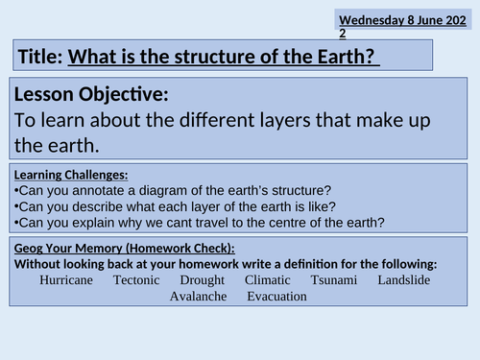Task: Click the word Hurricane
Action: click(x=66, y=280)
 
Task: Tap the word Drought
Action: click(x=202, y=280)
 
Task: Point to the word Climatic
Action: click(x=268, y=280)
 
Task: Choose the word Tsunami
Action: click(x=335, y=280)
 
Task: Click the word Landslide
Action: click(x=403, y=280)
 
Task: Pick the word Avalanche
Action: click(x=198, y=296)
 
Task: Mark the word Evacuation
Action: click(x=276, y=296)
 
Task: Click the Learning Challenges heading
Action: click(x=71, y=175)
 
